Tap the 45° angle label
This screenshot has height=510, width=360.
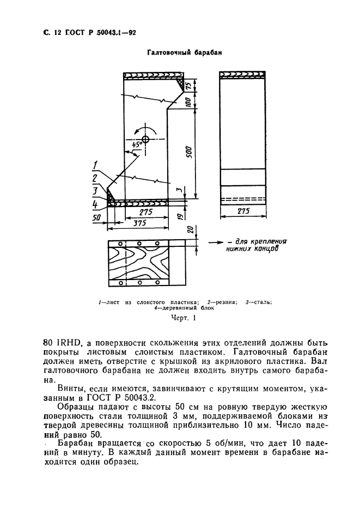(x=136, y=143)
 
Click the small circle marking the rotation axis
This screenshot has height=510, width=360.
(x=145, y=139)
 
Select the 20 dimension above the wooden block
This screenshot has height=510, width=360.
(x=188, y=229)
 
